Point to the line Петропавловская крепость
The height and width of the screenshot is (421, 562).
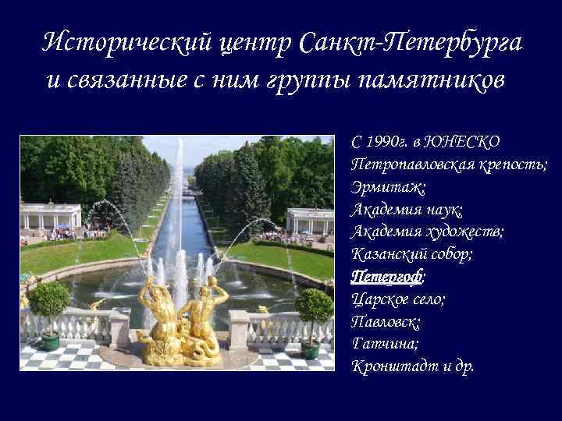coord(449,165)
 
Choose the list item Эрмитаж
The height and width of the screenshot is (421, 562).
coord(388,187)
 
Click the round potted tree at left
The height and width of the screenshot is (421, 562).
coord(49,308)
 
